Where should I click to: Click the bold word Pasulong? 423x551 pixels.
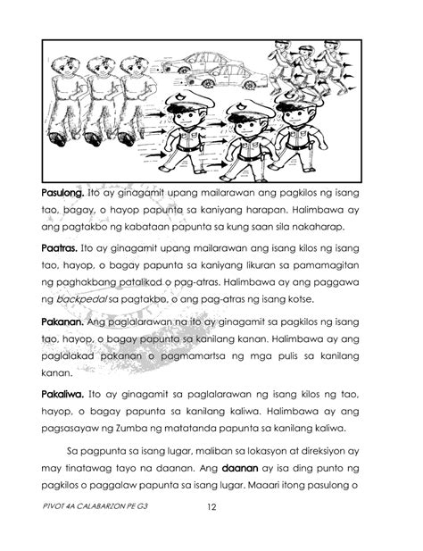[x=61, y=193]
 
